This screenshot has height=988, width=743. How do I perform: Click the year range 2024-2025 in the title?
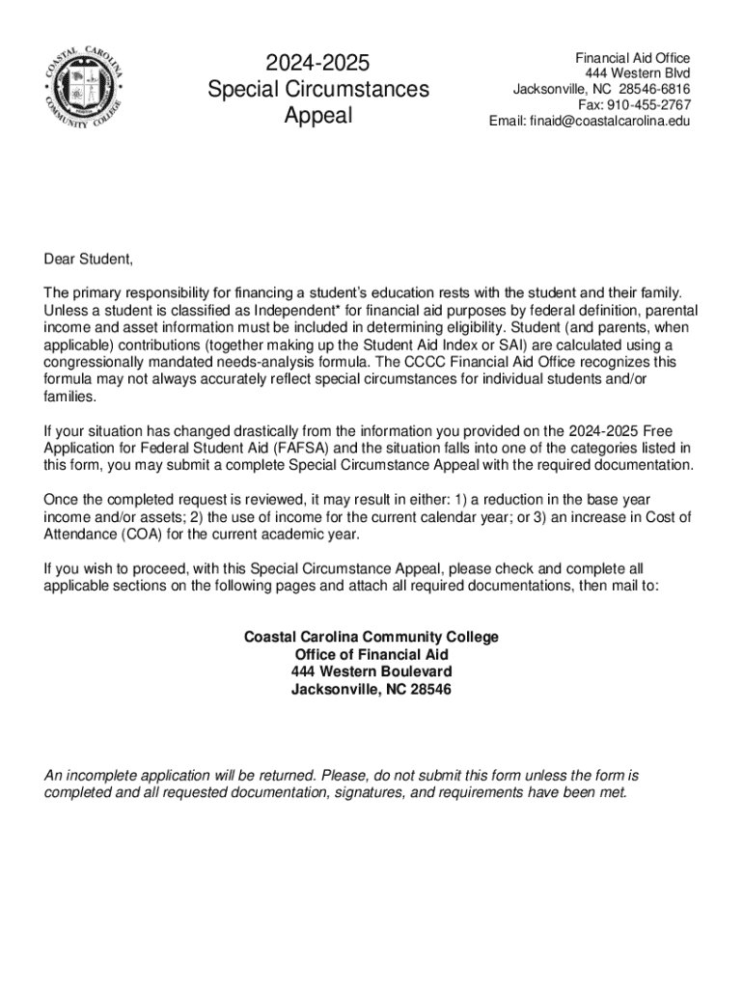point(317,64)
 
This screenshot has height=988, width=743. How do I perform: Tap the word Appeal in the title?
point(317,116)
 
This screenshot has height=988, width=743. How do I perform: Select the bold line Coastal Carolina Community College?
point(371,637)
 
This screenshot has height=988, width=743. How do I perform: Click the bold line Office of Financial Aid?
point(371,654)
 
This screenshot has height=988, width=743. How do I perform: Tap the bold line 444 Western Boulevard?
point(371,672)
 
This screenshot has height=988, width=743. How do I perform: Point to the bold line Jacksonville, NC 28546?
point(371,689)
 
